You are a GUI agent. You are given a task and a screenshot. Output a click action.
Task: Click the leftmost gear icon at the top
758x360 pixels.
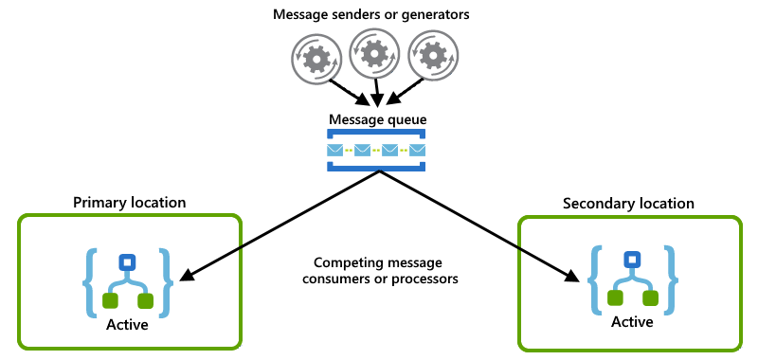pos(313,58)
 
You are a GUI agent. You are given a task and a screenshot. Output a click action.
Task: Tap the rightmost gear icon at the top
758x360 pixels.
pos(433,58)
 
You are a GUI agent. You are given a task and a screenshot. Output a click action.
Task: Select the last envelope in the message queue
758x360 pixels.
pos(417,151)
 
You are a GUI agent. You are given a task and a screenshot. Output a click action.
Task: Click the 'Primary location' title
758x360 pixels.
pos(130,203)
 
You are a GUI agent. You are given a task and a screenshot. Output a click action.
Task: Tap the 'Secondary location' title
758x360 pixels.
pos(628,203)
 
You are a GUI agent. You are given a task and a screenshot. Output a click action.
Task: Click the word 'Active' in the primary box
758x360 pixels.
pos(127,324)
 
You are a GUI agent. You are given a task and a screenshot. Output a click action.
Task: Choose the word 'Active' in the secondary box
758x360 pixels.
pos(631,322)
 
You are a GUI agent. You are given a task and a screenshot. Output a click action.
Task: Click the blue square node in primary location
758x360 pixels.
pos(127,262)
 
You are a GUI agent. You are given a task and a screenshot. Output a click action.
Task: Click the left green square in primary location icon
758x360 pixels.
pos(109,302)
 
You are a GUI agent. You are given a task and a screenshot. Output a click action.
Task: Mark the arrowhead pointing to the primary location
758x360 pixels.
pos(186,278)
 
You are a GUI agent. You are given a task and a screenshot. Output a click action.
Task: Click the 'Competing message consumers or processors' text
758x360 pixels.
pos(379,271)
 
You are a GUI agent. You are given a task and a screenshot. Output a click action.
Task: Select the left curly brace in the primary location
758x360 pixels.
pos(90,281)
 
